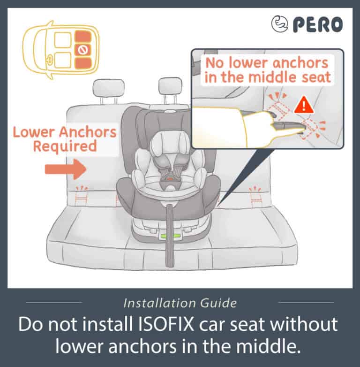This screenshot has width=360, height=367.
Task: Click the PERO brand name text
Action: (x=318, y=24)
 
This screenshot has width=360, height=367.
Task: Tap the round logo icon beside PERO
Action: (x=279, y=23)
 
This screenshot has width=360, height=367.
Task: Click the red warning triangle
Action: (x=304, y=105)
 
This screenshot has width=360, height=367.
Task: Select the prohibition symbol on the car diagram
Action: (x=82, y=50)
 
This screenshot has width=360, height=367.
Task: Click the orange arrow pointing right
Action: (x=66, y=169)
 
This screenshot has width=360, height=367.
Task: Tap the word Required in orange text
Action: (x=65, y=146)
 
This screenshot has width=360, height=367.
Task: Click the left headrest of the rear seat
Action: (x=108, y=88)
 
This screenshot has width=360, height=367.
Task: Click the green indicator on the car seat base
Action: (x=170, y=236)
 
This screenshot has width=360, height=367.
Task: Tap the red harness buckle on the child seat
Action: (x=170, y=179)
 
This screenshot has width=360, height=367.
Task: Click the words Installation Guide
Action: (x=180, y=303)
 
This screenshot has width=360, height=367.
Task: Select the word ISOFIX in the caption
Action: (x=166, y=324)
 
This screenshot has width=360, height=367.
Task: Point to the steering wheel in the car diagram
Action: (x=50, y=60)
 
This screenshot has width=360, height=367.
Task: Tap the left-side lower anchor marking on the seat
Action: (x=81, y=196)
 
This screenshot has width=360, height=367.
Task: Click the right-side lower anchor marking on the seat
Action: (x=255, y=197)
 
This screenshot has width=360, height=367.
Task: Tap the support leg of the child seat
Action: (x=170, y=236)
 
